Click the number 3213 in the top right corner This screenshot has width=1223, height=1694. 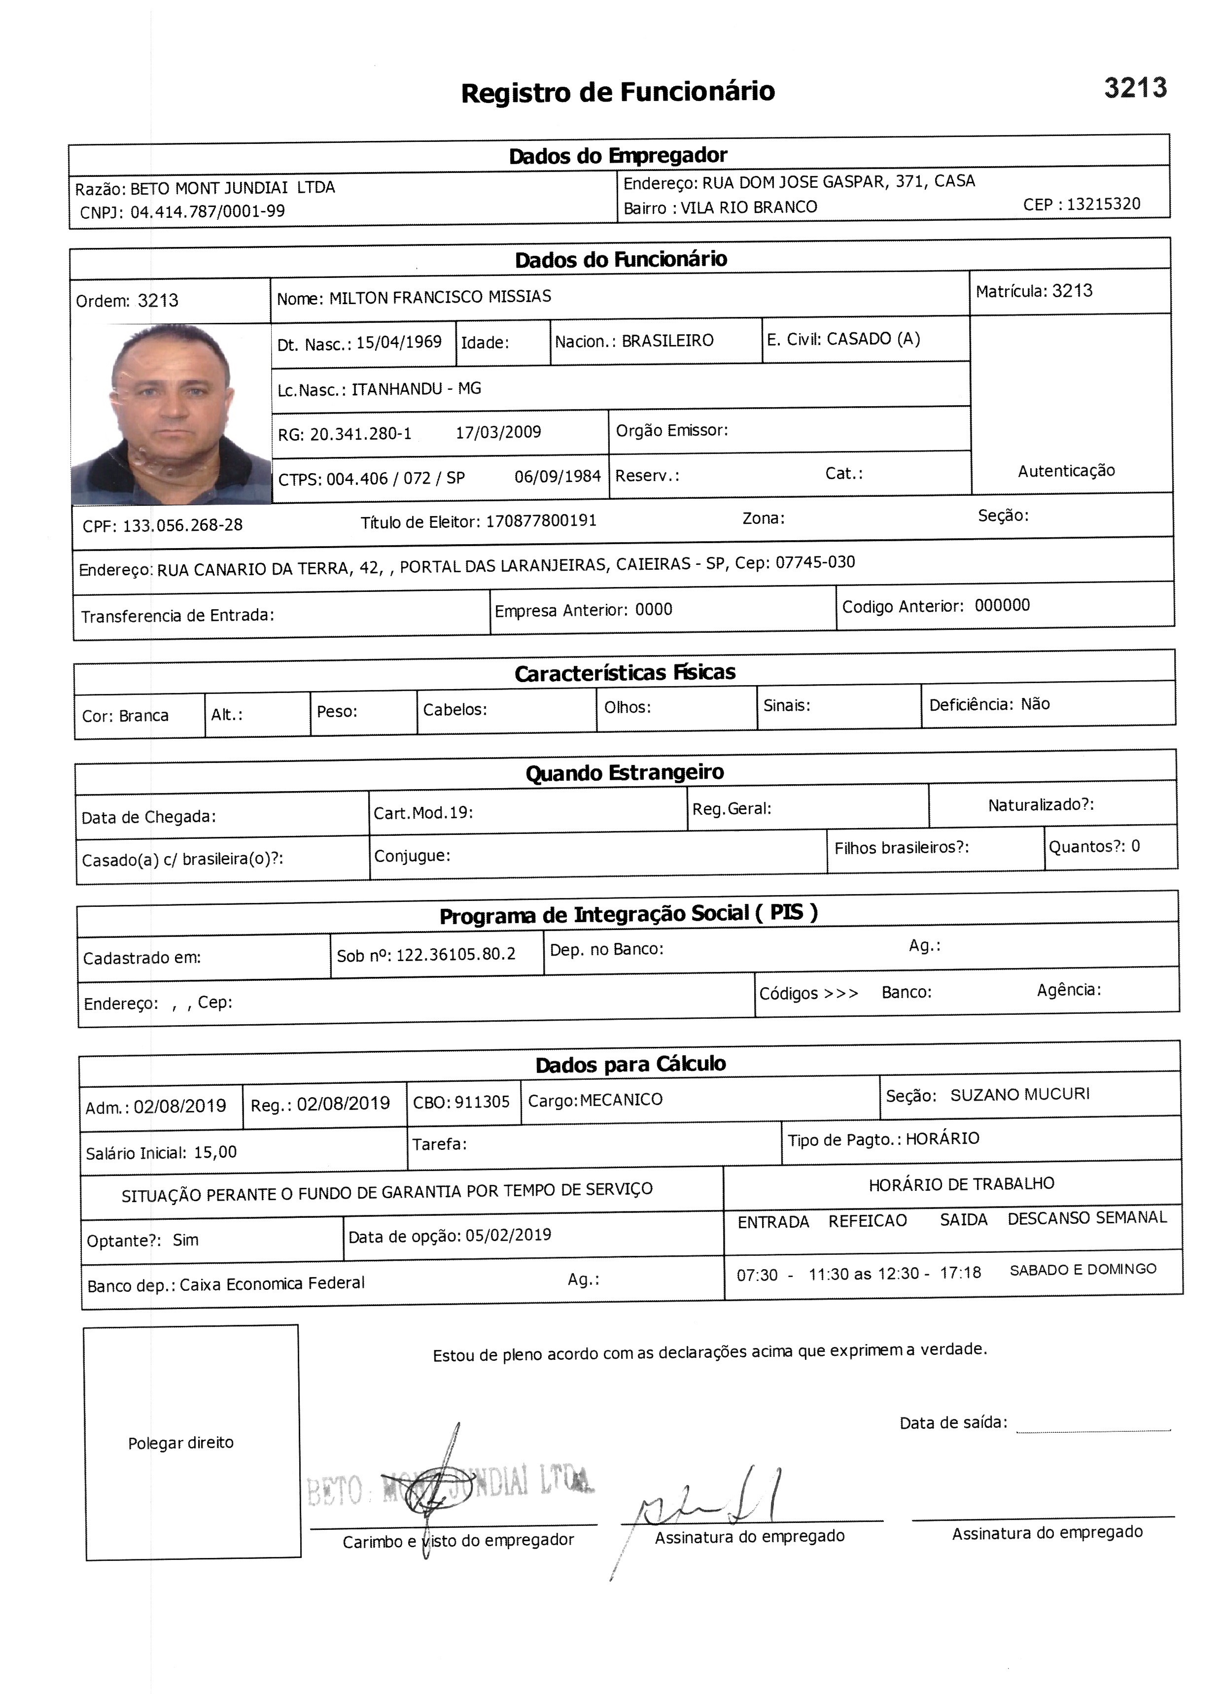point(1135,88)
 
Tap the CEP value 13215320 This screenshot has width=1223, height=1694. point(1104,205)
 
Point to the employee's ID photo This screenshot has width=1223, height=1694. point(171,415)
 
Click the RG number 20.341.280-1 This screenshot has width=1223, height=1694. point(361,434)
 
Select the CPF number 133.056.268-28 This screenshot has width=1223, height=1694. point(182,525)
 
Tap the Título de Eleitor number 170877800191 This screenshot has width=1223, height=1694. point(541,520)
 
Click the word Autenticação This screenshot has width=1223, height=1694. point(1066,471)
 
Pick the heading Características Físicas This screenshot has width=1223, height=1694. point(625,673)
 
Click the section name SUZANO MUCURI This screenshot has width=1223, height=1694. point(1020,1094)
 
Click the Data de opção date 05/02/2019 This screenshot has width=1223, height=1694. point(508,1235)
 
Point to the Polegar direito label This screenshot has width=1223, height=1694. point(181,1442)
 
